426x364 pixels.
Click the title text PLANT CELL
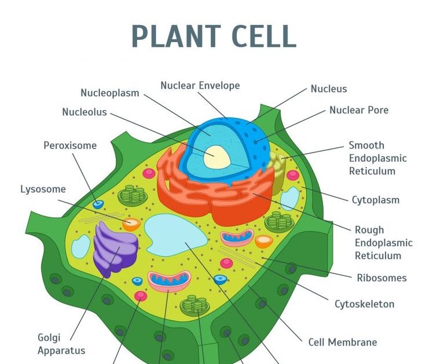tap(214, 36)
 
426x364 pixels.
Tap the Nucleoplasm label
tap(109, 93)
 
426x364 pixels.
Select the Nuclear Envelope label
tap(200, 86)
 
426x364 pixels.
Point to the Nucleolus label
tap(85, 112)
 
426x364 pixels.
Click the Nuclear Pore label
tap(359, 110)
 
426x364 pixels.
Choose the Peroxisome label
tap(70, 146)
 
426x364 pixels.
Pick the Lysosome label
tap(43, 189)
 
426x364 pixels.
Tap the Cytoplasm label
tap(376, 200)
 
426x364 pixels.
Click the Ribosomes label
tap(381, 278)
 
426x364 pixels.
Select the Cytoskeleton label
tap(364, 304)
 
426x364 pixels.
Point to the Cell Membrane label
tap(343, 342)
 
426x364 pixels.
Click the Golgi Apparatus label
tap(61, 344)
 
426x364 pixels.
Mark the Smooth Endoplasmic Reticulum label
tap(378, 158)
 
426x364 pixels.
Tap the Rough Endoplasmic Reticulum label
tap(383, 243)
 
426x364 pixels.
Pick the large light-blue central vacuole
tap(174, 236)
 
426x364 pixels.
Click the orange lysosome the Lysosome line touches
tap(131, 224)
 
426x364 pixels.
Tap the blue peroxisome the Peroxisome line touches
tap(98, 205)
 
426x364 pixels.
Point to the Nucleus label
tap(329, 88)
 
